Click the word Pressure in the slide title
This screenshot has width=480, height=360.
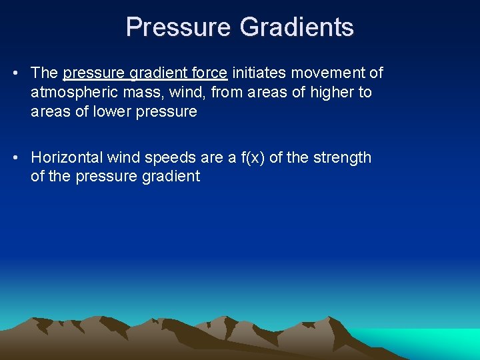[178, 27]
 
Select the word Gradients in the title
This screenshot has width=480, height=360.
[297, 27]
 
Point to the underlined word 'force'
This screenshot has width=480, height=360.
[209, 73]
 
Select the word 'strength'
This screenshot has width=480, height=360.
[341, 158]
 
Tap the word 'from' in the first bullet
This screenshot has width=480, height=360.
[226, 92]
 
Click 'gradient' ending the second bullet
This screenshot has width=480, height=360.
[171, 177]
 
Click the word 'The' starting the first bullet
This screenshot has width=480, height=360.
[45, 73]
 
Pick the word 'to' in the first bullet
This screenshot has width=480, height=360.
[365, 92]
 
